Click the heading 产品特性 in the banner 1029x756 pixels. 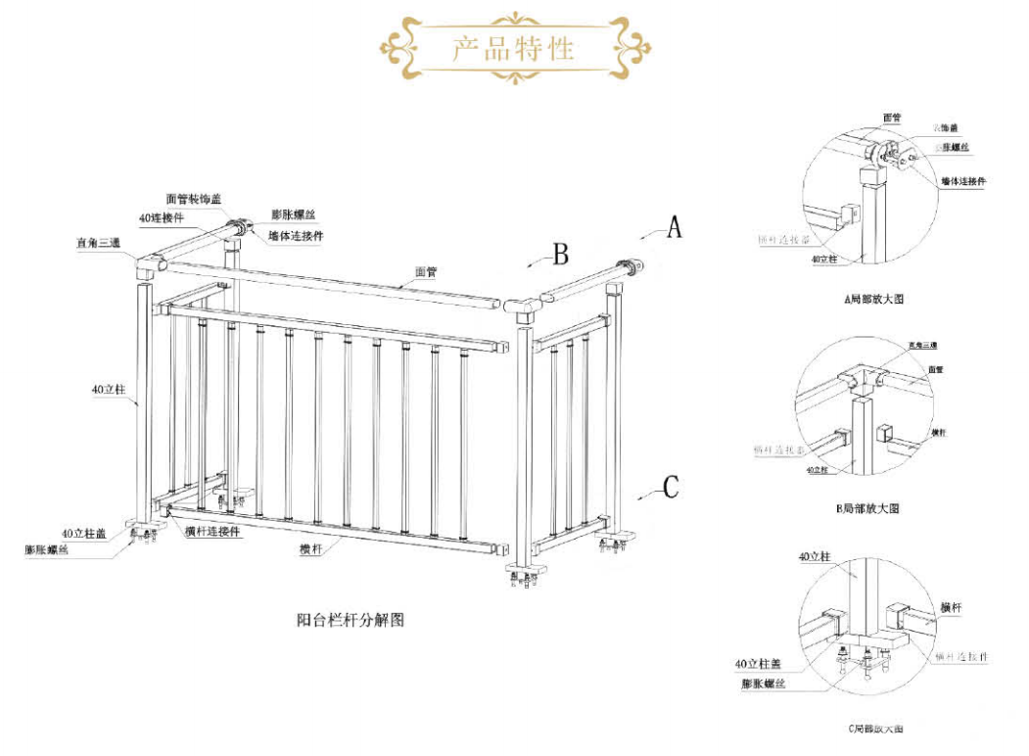pos(512,47)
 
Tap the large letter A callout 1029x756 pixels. pos(674,227)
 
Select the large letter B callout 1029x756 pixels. pos(560,255)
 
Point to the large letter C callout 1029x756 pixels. pos(671,487)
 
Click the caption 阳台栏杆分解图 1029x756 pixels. pos(351,619)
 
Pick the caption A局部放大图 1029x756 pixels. pos(874,299)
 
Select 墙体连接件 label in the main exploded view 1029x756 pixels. pos(298,235)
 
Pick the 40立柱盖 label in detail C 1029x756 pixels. pos(762,664)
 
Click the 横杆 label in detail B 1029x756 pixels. pos(939,432)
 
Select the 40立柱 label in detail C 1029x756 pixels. pos(815,556)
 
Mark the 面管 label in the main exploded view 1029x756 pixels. pos(425,273)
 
